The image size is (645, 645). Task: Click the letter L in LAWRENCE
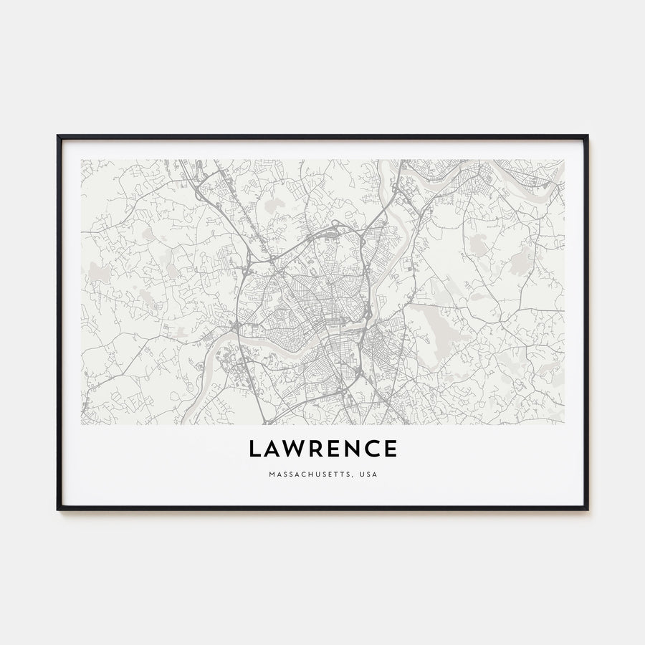click(254, 449)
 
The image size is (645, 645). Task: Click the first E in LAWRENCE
click(335, 449)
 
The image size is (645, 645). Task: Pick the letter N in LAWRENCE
click(354, 449)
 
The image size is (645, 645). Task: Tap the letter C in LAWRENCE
click(374, 449)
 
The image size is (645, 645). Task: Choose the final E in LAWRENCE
click(391, 449)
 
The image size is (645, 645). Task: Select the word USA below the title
click(368, 474)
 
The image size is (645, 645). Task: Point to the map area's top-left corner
click(81, 160)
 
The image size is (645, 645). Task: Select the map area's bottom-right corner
click(564, 424)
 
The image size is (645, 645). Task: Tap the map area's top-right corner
click(564, 160)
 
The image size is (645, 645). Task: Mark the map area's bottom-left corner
click(81, 424)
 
